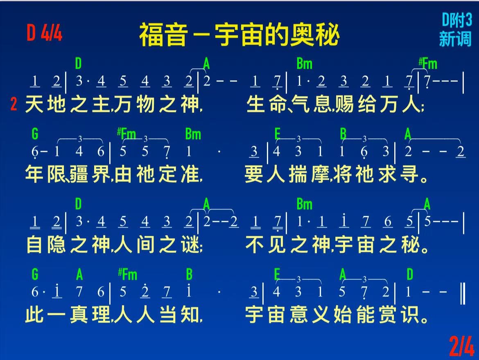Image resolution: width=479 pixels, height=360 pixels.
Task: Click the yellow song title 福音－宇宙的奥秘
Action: pos(239,35)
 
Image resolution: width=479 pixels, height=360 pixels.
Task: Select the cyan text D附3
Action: pos(457,20)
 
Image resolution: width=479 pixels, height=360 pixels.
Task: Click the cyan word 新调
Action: pos(455,39)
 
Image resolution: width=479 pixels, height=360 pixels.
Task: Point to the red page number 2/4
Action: pos(461,346)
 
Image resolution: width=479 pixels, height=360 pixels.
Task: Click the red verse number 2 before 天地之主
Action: pos(14,104)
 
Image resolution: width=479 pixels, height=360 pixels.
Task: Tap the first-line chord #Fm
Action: pos(428,64)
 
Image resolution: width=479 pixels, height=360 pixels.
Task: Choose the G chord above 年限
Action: pos(35,134)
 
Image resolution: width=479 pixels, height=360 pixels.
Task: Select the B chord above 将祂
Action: pos(343,134)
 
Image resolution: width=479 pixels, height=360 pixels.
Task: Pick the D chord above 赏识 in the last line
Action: pos(410,274)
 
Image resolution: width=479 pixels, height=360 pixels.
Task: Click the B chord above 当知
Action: pos(189,274)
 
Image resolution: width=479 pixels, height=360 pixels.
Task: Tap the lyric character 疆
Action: pos(79,174)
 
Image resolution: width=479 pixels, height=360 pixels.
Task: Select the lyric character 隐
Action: pos(56,245)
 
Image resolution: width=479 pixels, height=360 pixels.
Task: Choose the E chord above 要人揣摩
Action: pos(277,134)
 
